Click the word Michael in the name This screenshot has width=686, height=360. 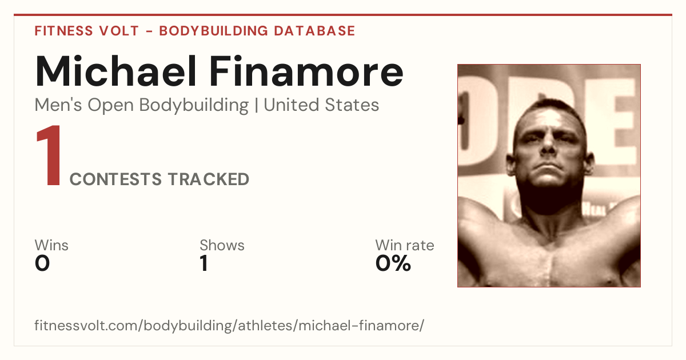pyautogui.click(x=115, y=71)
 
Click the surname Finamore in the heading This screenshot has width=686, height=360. pyautogui.click(x=306, y=71)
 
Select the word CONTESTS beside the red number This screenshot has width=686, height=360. pyautogui.click(x=115, y=179)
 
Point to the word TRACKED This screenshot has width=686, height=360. pyautogui.click(x=209, y=179)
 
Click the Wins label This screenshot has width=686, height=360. pyautogui.click(x=51, y=245)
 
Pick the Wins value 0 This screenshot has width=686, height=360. pyautogui.click(x=42, y=263)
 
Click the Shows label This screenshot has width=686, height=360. pyautogui.click(x=222, y=245)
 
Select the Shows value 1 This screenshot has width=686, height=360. pyautogui.click(x=204, y=263)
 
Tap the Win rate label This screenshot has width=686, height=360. pyautogui.click(x=405, y=245)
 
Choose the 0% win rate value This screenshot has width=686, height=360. pyautogui.click(x=393, y=263)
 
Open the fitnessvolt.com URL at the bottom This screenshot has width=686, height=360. pyautogui.click(x=229, y=325)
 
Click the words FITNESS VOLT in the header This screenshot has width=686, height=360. pyautogui.click(x=87, y=31)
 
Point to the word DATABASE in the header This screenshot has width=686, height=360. pyautogui.click(x=314, y=31)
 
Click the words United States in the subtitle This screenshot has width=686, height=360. pyautogui.click(x=321, y=105)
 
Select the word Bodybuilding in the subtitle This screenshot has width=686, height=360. pyautogui.click(x=194, y=106)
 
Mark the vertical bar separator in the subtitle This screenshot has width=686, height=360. pyautogui.click(x=256, y=106)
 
